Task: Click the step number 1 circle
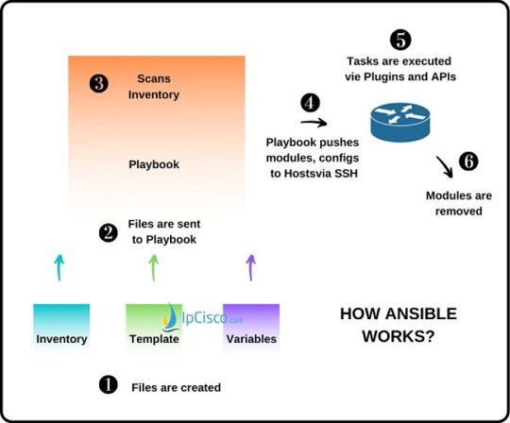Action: tap(109, 385)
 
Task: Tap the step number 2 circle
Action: tap(110, 231)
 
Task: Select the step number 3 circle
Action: tap(98, 85)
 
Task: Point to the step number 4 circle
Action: tap(310, 102)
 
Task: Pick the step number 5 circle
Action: tap(400, 40)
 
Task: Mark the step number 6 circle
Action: tap(468, 161)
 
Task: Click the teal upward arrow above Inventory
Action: tap(60, 267)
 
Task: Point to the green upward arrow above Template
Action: tap(155, 267)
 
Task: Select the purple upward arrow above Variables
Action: tap(250, 267)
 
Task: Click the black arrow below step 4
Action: tap(313, 122)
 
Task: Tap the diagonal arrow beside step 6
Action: tap(441, 169)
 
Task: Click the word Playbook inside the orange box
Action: tap(154, 164)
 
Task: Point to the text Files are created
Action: tap(176, 386)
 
